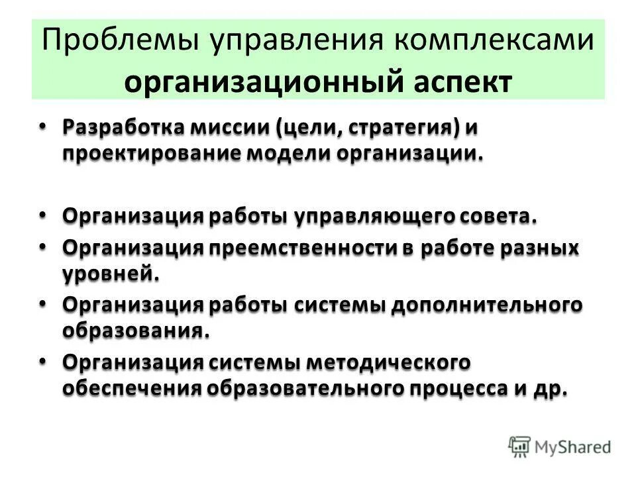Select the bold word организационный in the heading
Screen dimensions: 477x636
pos(262,82)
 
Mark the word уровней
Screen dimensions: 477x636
pos(111,273)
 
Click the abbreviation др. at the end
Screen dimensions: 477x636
pos(549,388)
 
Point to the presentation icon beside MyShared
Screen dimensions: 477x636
pos(520,446)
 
